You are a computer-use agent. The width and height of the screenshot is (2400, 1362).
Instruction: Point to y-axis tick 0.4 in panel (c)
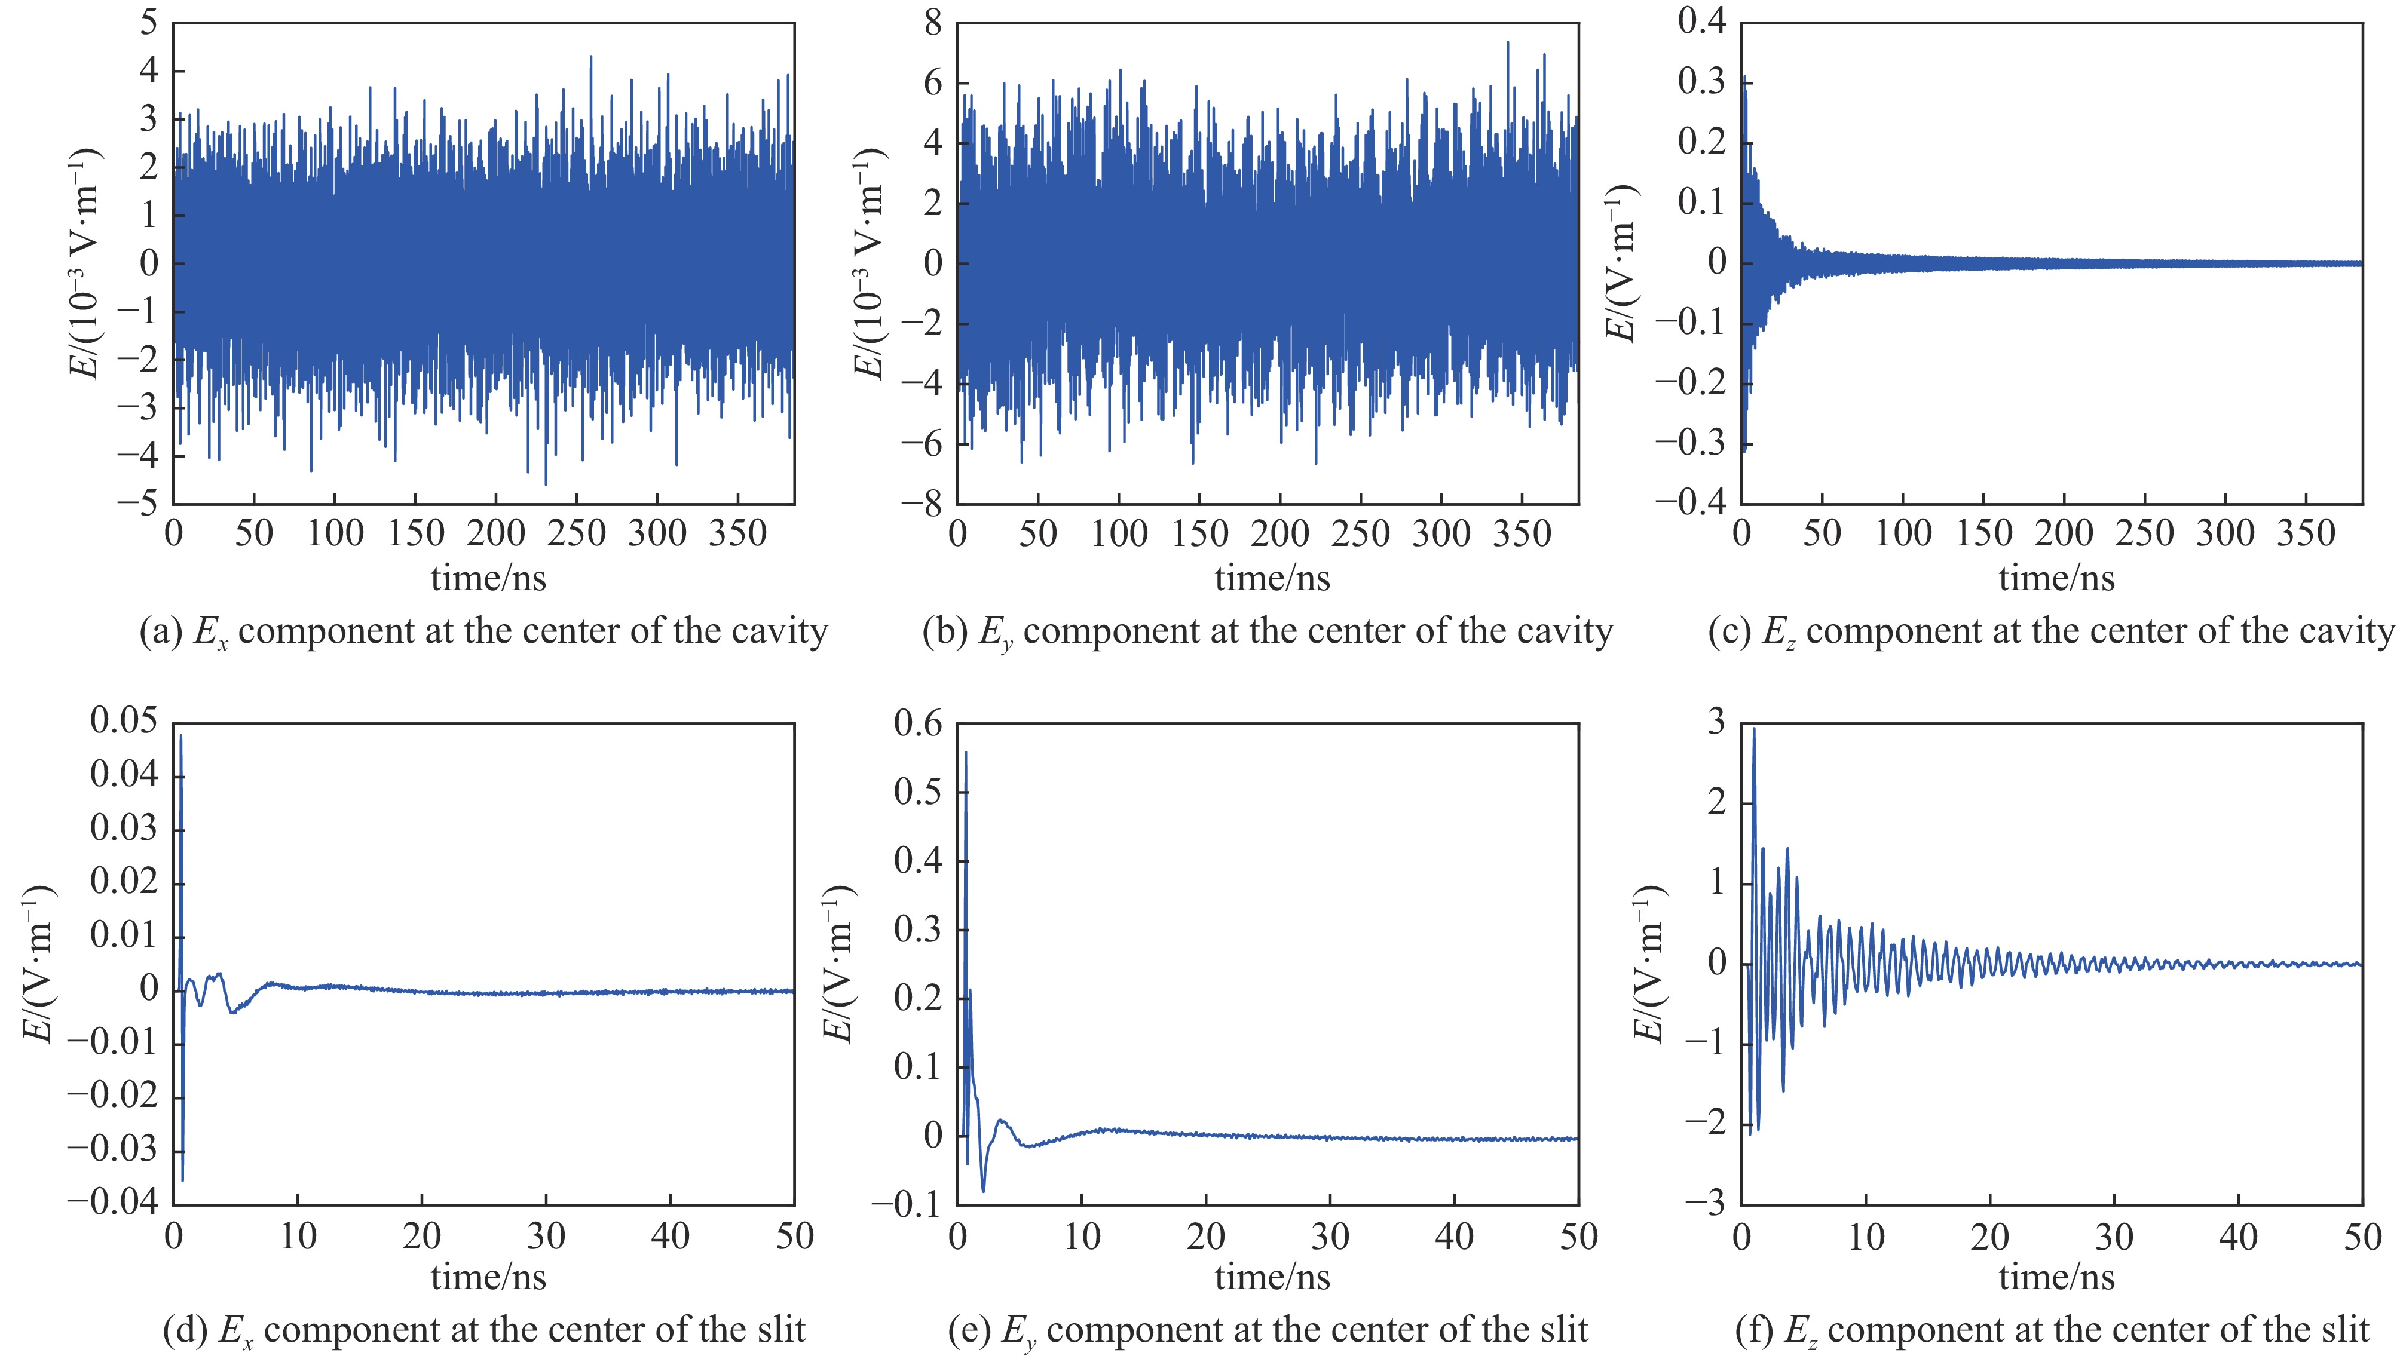[x=1701, y=23]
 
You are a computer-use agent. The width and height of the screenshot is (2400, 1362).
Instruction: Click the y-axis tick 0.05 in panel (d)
[x=124, y=722]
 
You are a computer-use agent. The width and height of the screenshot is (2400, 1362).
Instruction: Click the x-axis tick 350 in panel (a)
[x=738, y=534]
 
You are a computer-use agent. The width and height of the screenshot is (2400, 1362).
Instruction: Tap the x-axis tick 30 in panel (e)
[x=1330, y=1237]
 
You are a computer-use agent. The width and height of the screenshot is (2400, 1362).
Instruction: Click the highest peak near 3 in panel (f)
[x=1753, y=729]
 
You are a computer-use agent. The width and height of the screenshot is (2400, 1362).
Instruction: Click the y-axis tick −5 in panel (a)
[x=137, y=503]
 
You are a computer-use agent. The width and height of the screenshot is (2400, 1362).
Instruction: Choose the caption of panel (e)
[x=1268, y=1329]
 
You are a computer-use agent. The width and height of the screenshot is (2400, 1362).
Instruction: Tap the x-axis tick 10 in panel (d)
[x=298, y=1237]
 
